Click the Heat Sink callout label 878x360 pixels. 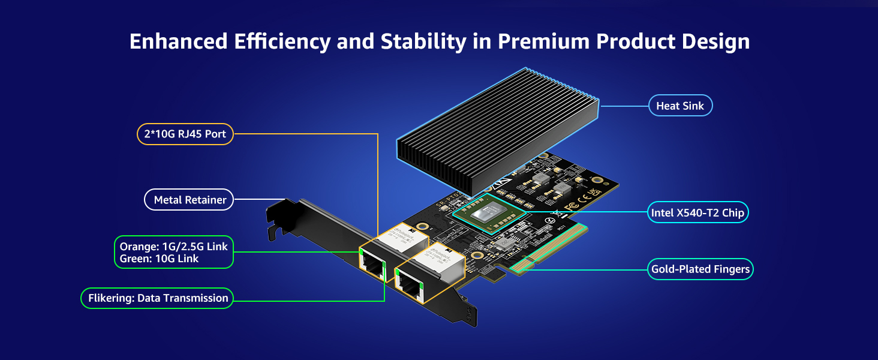coord(680,106)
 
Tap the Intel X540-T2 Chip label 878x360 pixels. coord(697,212)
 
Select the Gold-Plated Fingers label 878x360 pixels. coord(700,269)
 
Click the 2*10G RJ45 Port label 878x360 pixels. coord(185,134)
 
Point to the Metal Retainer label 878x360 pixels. coord(190,200)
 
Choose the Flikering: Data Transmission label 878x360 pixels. coord(158,298)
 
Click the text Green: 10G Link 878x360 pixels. coord(159,259)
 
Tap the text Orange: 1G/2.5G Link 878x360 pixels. coord(173,247)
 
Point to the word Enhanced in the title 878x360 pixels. coord(178,41)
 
